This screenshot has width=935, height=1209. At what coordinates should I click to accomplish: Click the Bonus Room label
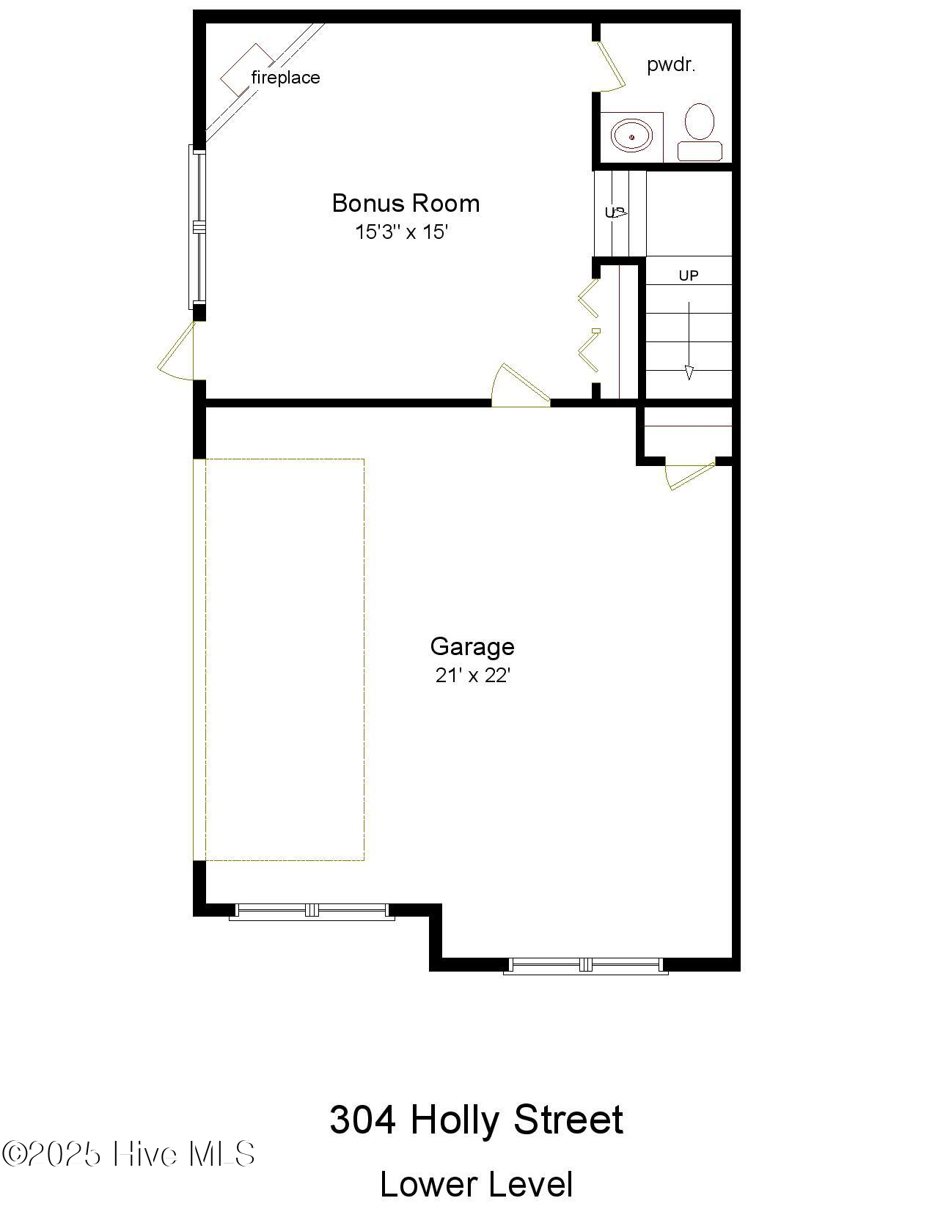[406, 203]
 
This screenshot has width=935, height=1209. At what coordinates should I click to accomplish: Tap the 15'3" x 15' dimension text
[401, 232]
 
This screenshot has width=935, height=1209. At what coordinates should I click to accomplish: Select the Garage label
[472, 646]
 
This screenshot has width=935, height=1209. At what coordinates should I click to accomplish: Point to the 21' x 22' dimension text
[472, 675]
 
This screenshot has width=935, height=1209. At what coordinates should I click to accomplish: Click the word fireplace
[285, 77]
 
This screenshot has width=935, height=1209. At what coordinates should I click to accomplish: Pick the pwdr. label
[671, 64]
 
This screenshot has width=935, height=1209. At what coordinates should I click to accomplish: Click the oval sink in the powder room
[631, 136]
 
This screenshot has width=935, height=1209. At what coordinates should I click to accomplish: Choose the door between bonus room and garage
[519, 385]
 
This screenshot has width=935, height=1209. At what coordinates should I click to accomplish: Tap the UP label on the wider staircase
[689, 276]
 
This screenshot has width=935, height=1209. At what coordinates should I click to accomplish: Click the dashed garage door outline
[285, 659]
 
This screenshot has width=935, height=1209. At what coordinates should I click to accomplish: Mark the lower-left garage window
[312, 911]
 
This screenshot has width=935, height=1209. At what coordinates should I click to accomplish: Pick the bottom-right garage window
[585, 965]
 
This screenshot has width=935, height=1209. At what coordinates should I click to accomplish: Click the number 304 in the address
[362, 1120]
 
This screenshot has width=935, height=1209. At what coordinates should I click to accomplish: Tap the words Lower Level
[476, 1184]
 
